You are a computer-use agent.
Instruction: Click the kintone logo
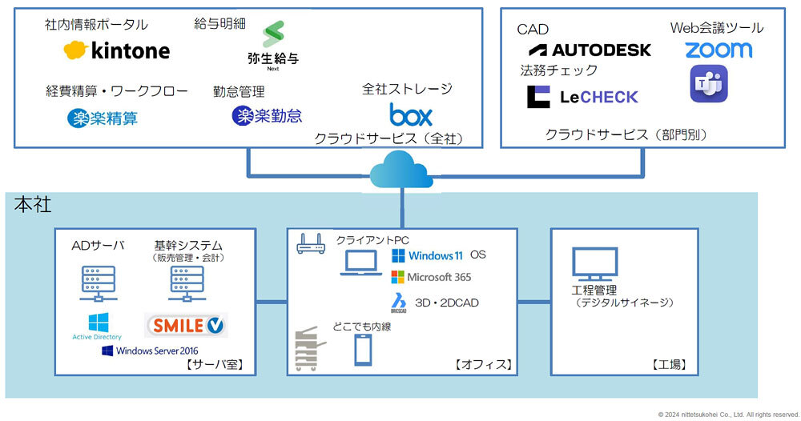pyautogui.click(x=117, y=51)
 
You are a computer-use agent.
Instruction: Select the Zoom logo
pyautogui.click(x=718, y=50)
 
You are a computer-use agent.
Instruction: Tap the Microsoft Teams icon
pyautogui.click(x=709, y=84)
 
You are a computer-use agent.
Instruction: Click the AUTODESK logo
pyautogui.click(x=590, y=50)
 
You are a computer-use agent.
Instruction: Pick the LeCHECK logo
pyautogui.click(x=582, y=97)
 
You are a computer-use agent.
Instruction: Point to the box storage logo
pyautogui.click(x=411, y=113)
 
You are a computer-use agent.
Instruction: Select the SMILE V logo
pyautogui.click(x=186, y=325)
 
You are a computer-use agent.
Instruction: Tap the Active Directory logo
pyautogui.click(x=97, y=326)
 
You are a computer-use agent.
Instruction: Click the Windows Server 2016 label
pyautogui.click(x=150, y=351)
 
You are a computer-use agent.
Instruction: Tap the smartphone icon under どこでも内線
pyautogui.click(x=363, y=350)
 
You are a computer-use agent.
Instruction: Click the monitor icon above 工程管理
pyautogui.click(x=594, y=264)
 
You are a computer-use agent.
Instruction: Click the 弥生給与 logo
pyautogui.click(x=273, y=45)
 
